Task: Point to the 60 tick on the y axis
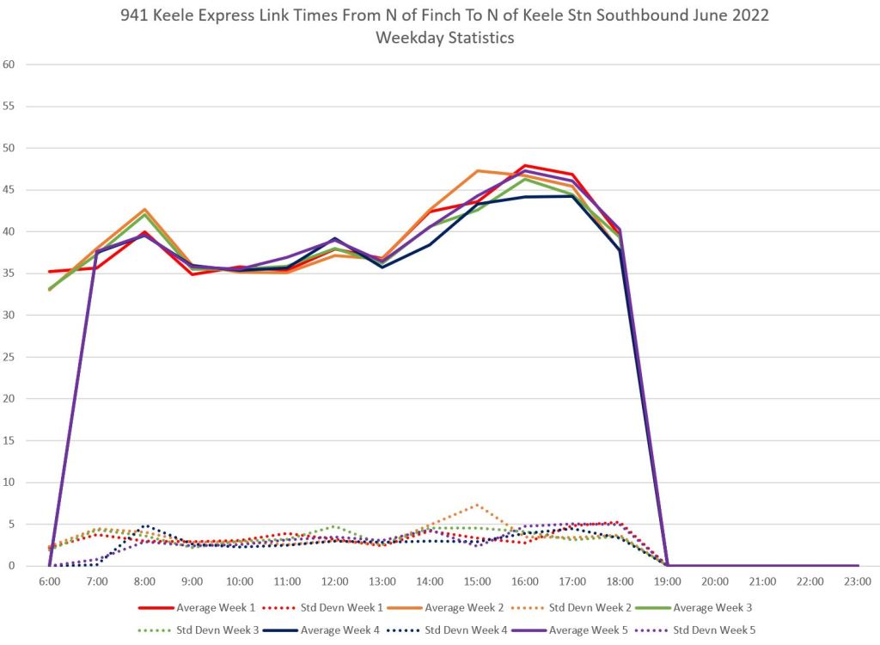pos(9,64)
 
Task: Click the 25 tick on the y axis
pos(9,357)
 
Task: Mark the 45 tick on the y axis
pos(9,189)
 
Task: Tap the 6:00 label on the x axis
pos(50,582)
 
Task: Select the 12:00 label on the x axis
pos(334,582)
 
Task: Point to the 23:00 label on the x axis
pos(857,582)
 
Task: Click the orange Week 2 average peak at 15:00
pos(477,170)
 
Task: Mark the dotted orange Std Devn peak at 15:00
pos(477,505)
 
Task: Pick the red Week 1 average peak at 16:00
pos(524,165)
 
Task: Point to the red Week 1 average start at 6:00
pos(50,271)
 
